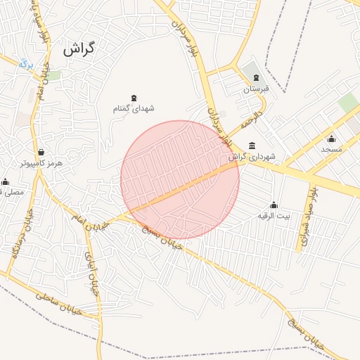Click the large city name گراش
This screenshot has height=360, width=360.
[78, 49]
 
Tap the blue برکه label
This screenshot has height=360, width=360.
[26, 64]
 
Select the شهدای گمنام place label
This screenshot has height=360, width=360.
[134, 109]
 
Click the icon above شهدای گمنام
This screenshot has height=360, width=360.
[134, 98]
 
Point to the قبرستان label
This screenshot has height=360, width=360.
[256, 89]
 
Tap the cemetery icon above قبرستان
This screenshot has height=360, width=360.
[256, 78]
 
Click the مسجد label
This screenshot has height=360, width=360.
[331, 149]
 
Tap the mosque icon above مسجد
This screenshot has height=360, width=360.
[331, 139]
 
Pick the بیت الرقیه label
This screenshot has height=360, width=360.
[274, 215]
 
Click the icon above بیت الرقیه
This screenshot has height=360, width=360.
[274, 205]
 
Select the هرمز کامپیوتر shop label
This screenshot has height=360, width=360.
[41, 162]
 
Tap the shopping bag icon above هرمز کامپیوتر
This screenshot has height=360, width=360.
[41, 152]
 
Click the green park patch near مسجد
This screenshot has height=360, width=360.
[348, 103]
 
